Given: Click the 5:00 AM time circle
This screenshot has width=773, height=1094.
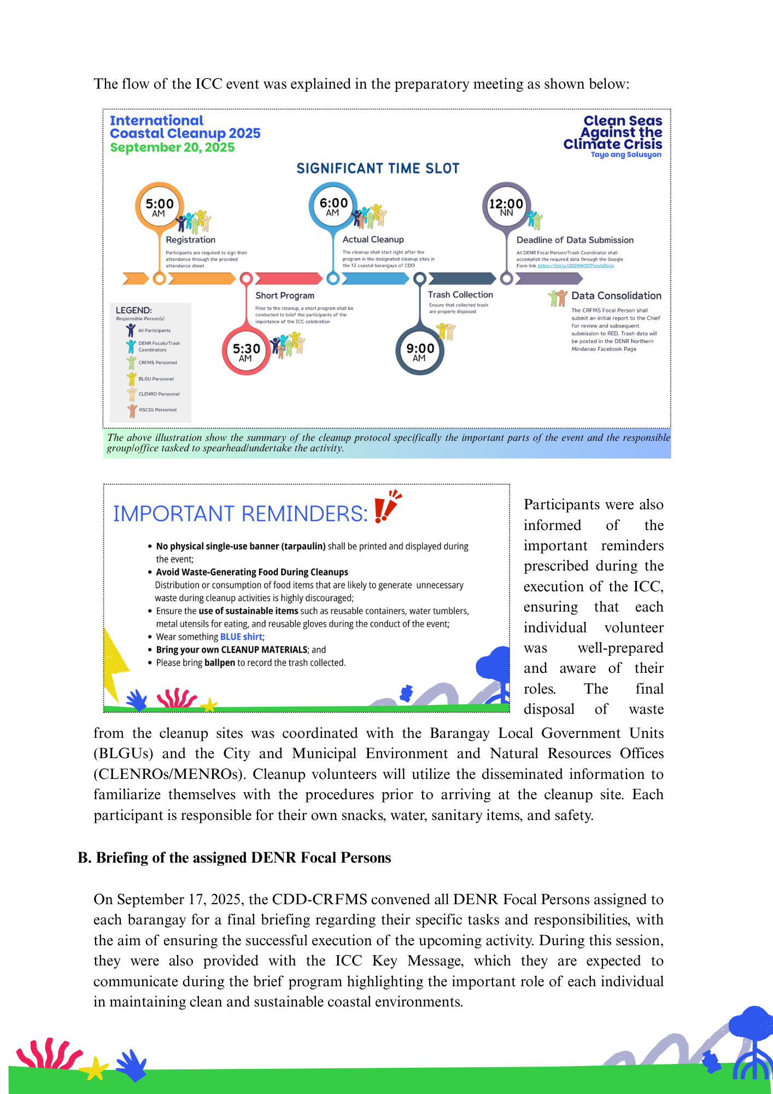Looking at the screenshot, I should tap(159, 207).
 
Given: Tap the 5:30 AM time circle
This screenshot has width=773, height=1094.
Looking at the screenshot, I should tap(246, 351).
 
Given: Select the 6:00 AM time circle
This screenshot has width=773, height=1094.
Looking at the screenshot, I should tap(333, 206).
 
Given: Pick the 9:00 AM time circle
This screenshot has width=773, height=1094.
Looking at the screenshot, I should tap(420, 351).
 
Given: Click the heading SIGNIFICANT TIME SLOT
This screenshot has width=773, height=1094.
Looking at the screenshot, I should tap(378, 168).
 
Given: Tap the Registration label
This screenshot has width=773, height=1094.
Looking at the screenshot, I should tap(190, 240).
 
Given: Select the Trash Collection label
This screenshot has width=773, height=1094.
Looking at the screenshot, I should tap(460, 295).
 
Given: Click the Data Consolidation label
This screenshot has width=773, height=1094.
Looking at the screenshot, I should tap(616, 296).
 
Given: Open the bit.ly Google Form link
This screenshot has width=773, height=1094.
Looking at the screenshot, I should tap(575, 266).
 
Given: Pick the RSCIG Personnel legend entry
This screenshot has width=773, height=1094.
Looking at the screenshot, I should tap(157, 410).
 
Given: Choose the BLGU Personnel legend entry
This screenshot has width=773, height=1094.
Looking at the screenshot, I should tap(156, 379).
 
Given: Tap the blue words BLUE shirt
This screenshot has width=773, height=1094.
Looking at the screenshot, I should tap(241, 637).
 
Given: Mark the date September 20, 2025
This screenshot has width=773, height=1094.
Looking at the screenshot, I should tap(172, 148).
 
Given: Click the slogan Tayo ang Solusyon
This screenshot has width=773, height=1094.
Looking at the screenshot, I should tap(625, 155).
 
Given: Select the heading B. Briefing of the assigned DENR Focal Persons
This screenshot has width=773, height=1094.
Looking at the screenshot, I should tap(235, 858).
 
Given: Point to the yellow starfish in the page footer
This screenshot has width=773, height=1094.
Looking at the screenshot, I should tap(95, 1068).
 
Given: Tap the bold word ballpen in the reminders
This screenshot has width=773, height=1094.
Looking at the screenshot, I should tap(220, 663).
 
